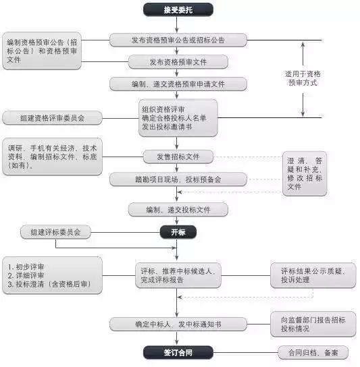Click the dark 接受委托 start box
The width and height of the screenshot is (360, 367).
tap(178, 9)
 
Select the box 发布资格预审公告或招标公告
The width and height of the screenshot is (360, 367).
tap(178, 40)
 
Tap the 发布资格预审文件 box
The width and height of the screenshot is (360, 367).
tap(178, 62)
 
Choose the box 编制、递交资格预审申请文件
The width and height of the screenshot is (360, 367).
tap(178, 84)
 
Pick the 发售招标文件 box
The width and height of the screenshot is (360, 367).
tap(178, 157)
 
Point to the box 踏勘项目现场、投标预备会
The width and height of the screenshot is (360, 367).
tap(178, 179)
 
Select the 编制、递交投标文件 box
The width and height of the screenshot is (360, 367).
tap(178, 210)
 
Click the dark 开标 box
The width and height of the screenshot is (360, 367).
tap(178, 232)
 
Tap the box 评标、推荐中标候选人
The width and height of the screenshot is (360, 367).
tap(177, 275)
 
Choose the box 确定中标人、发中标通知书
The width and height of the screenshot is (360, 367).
tap(178, 324)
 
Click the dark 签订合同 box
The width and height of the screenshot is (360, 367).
tap(178, 352)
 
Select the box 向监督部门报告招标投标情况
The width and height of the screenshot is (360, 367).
tap(313, 324)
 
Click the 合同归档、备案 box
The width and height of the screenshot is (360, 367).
tap(313, 352)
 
